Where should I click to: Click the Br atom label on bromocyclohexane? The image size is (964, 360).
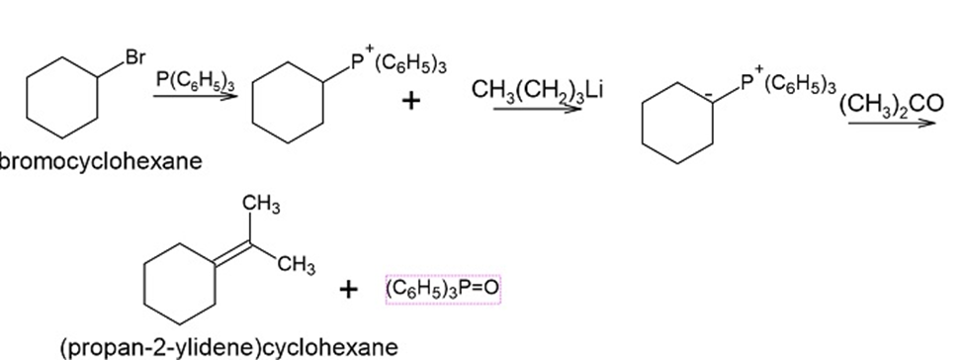click(x=135, y=57)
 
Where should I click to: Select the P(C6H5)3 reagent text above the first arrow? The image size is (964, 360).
click(x=195, y=81)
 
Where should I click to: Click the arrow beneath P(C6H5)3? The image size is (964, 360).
click(x=195, y=96)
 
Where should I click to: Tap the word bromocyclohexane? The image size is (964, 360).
click(x=100, y=161)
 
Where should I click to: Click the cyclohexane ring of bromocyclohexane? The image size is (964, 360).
click(x=27, y=98)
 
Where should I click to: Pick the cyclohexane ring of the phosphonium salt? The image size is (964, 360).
click(x=254, y=103)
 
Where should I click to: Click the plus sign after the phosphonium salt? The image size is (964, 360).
click(x=410, y=100)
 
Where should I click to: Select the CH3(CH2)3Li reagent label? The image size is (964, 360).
click(x=537, y=90)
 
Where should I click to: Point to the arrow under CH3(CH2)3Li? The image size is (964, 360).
click(x=537, y=109)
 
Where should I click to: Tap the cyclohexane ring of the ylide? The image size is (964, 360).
click(x=643, y=123)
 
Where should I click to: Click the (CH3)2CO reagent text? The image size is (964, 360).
click(x=891, y=104)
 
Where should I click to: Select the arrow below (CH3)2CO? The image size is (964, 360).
click(x=892, y=123)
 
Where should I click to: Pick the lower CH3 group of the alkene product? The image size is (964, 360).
click(x=297, y=266)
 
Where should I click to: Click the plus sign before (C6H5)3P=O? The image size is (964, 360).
click(x=348, y=289)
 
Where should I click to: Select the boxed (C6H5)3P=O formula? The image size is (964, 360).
click(x=443, y=289)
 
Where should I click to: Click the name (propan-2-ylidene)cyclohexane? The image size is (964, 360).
click(x=229, y=347)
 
